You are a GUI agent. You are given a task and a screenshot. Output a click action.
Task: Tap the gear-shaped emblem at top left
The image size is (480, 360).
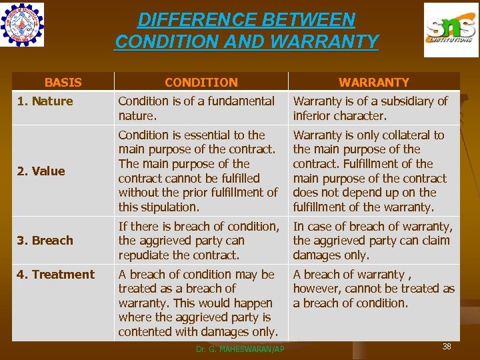pos(23,25)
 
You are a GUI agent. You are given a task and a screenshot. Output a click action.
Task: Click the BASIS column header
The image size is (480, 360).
pos(63,83)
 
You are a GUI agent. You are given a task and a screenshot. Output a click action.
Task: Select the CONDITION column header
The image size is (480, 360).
pos(201,83)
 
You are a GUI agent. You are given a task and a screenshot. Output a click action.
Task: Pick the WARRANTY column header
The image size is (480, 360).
pos(374,83)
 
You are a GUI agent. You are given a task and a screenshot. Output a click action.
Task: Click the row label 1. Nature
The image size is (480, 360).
pos(45,101)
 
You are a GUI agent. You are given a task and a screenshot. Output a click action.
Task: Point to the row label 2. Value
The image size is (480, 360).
pos(41,171)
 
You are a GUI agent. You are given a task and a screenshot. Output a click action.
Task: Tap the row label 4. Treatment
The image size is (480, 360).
pos(56,275)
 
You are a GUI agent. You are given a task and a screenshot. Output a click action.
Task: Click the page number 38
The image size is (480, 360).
pos(447,346)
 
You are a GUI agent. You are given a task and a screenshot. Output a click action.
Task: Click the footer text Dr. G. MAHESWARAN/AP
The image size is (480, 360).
pos(240,349)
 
